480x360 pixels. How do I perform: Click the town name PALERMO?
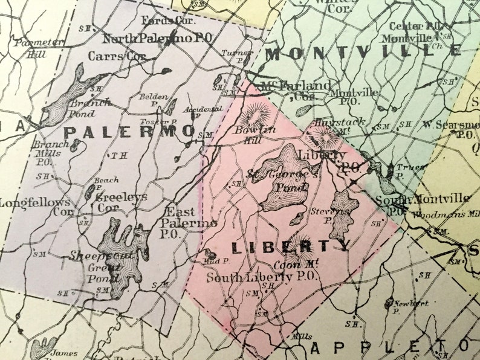pos(129,132)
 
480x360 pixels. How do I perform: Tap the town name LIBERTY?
pos(290,246)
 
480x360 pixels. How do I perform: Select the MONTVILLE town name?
pos(363,53)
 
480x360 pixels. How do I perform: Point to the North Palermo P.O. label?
pos(157,38)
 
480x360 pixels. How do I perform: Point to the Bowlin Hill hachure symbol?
pos(256,114)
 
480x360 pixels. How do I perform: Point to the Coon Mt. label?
pos(287,265)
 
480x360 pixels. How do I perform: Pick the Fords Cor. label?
pos(159,21)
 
